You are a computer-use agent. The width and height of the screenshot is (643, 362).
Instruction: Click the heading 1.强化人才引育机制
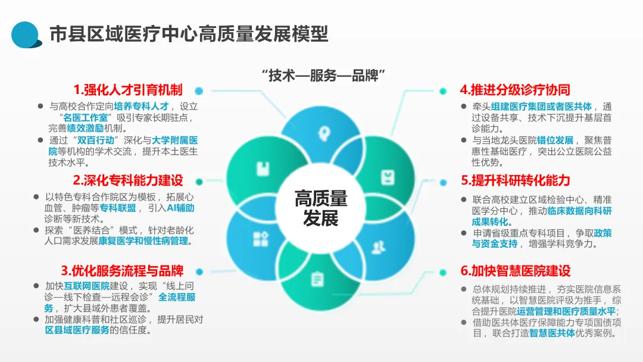click(128, 90)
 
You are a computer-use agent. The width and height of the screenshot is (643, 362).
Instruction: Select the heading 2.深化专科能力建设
click(128, 180)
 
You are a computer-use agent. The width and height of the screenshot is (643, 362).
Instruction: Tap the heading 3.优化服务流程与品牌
click(122, 271)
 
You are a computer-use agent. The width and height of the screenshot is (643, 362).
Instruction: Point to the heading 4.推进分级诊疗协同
click(515, 90)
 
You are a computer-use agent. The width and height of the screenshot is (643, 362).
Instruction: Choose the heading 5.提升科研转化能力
click(515, 180)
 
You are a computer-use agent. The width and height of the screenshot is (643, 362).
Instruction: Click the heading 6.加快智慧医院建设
click(515, 271)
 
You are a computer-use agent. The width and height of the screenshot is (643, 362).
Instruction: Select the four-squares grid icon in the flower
click(260, 239)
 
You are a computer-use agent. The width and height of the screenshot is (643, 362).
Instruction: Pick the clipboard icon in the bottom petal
click(317, 278)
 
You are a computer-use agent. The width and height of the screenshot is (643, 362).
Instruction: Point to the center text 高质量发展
click(321, 208)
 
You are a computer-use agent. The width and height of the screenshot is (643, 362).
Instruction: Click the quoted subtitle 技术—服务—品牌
click(324, 76)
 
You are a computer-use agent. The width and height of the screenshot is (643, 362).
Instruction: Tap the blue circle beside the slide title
click(26, 34)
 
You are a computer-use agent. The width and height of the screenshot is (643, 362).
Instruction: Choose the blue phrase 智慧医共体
click(552, 333)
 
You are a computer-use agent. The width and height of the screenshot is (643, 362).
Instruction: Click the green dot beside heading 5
click(443, 180)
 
